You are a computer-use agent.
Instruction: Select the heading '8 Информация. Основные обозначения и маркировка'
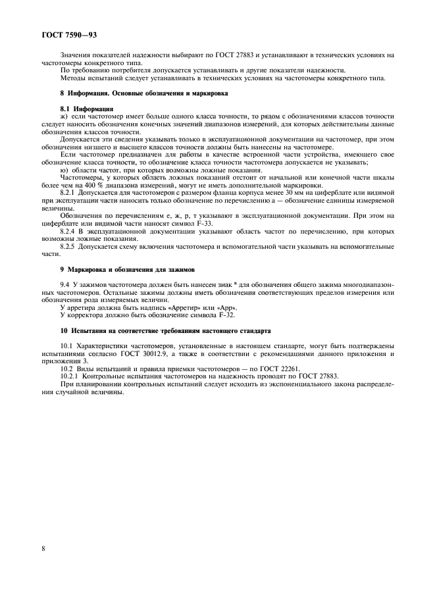144,93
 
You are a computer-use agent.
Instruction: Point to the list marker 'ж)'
64,116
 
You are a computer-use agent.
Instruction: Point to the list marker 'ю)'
64,170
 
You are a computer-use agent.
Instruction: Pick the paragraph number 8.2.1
70,192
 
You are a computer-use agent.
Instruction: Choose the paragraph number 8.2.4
70,231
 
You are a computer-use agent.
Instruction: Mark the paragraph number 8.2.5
70,246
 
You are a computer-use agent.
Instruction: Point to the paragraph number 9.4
66,284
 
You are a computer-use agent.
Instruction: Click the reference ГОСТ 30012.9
132,352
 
